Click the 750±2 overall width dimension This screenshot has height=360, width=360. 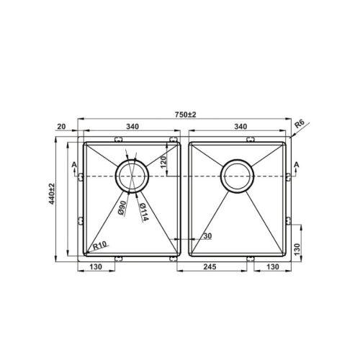click(185, 114)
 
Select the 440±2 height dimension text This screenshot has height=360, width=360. click(52, 194)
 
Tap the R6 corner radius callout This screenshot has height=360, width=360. click(300, 124)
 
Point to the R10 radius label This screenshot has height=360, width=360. click(99, 246)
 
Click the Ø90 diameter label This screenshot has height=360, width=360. click(122, 207)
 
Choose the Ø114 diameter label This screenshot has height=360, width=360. click(144, 212)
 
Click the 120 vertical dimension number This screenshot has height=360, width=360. click(163, 162)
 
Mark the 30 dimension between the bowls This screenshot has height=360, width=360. click(207, 236)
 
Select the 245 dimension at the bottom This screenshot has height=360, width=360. click(210, 266)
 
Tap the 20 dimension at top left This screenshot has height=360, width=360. click(61, 127)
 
